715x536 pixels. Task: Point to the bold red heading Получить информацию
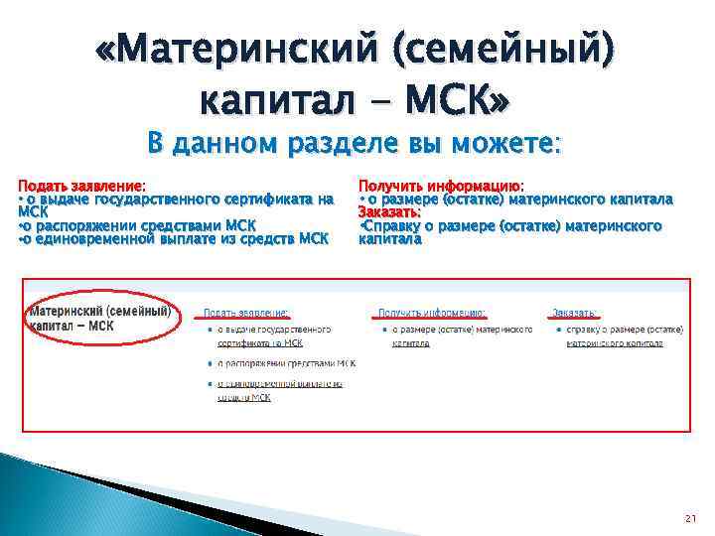[441, 186]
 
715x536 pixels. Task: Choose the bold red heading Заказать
[389, 211]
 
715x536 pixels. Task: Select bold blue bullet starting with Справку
[511, 225]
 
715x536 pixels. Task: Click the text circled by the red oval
[98, 318]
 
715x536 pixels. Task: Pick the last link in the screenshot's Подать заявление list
[272, 390]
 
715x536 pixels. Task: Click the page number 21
[690, 519]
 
